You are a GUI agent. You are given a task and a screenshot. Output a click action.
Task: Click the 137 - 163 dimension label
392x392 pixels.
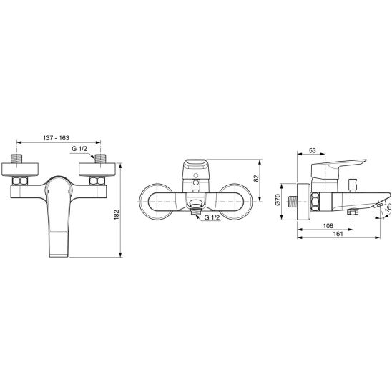click(x=56, y=138)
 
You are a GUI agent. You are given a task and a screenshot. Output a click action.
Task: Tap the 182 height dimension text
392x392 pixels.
click(x=117, y=215)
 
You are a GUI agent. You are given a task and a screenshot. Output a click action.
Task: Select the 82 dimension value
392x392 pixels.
click(x=256, y=178)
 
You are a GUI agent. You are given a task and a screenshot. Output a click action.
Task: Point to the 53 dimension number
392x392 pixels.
click(x=313, y=150)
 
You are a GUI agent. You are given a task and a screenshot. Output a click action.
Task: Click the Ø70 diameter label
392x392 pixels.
click(x=278, y=200)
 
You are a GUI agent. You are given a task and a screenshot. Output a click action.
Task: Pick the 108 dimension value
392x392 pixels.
click(x=328, y=226)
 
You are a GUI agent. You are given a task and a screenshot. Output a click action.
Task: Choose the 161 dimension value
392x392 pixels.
click(x=338, y=234)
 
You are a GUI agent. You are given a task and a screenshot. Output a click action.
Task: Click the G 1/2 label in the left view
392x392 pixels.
click(x=79, y=149)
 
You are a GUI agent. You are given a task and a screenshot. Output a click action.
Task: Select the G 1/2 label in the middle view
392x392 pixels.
click(x=212, y=217)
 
